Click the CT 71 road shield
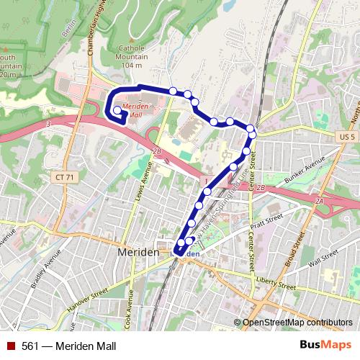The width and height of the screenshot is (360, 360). point(65,176)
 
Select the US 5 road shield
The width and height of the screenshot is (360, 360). point(346,137)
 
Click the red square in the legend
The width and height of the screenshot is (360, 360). point(11,346)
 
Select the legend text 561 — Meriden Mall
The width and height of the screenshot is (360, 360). point(70,346)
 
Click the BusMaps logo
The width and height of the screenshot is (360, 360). point(327,345)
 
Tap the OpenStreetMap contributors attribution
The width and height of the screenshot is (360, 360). point(297,323)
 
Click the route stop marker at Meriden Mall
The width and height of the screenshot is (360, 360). point(117,110)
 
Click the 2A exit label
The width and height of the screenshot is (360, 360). point(318,202)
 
